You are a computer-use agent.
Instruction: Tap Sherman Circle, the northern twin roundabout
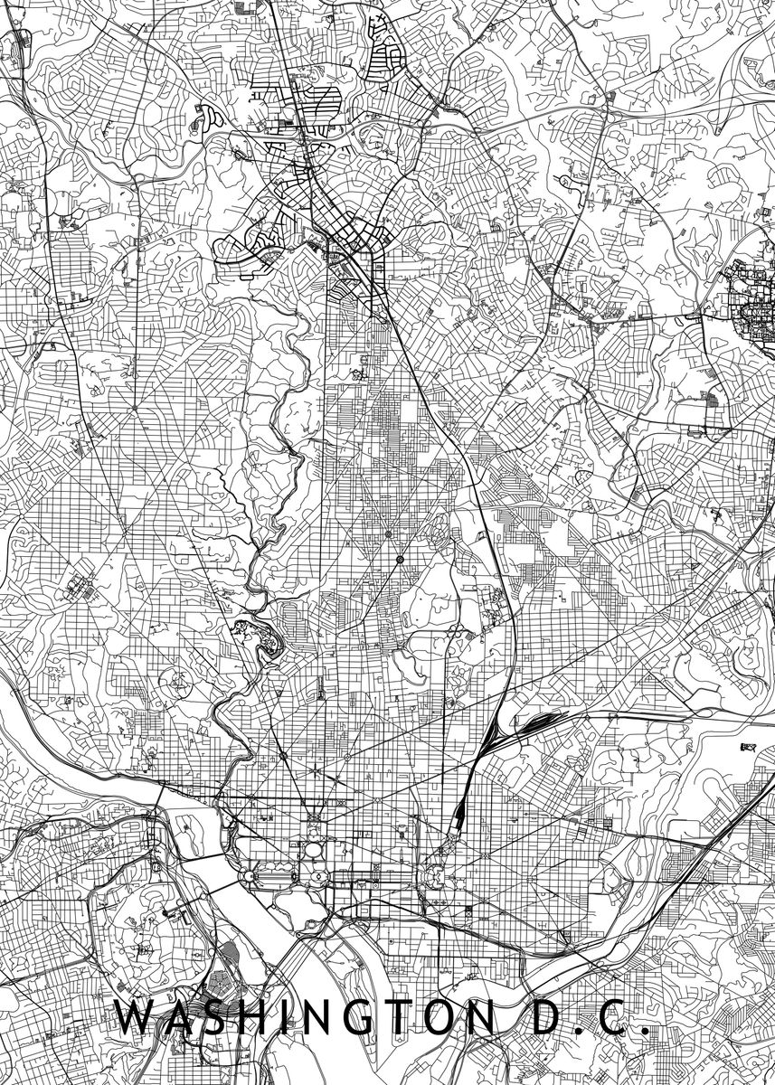(388, 535)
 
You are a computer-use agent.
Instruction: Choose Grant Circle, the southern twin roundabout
(399, 561)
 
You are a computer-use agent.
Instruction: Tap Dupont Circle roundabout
(283, 755)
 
